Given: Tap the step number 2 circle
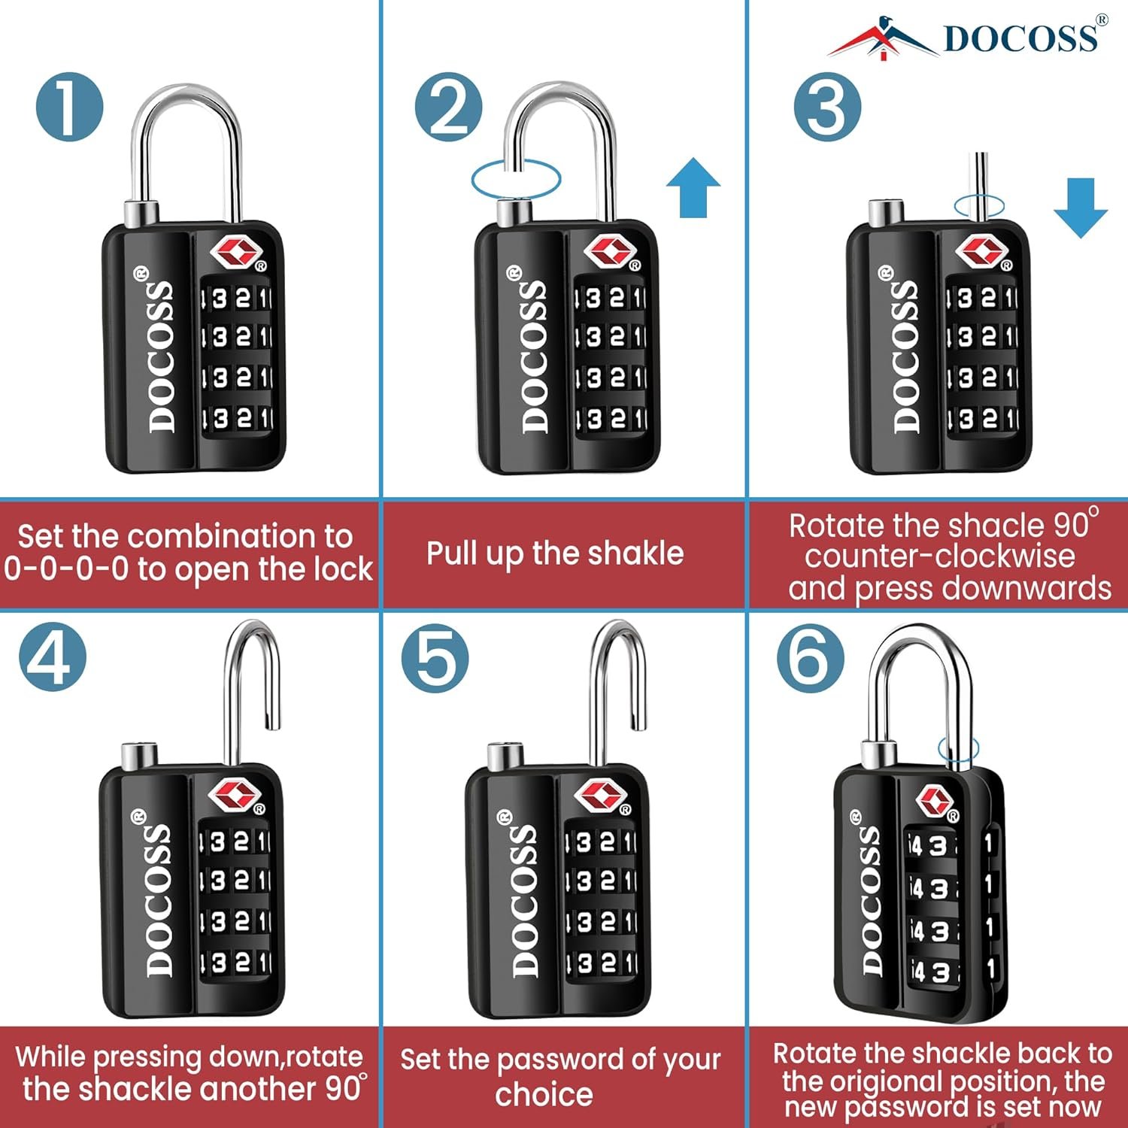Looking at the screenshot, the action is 449,108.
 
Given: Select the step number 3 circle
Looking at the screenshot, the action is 827,108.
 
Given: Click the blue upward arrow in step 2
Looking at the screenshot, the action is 693,187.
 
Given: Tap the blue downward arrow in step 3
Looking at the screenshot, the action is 1081,208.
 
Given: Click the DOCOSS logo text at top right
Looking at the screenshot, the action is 1020,38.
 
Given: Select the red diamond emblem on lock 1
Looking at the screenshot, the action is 235,253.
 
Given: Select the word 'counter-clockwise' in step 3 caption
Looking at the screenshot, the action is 940,556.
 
